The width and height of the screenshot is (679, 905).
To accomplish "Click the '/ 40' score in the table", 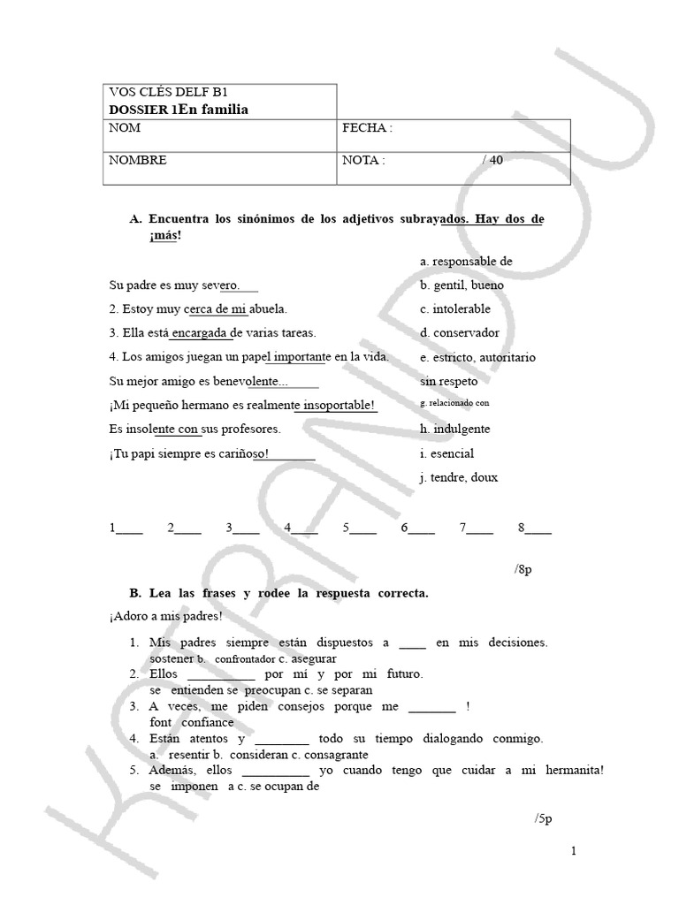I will pos(492,161).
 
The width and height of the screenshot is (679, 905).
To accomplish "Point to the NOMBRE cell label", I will pos(137,161).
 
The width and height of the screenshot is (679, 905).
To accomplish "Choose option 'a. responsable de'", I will pos(466,262).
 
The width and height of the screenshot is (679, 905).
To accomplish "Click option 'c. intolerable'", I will pos(455,309).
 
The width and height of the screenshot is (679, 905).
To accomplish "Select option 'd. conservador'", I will pos(460,333).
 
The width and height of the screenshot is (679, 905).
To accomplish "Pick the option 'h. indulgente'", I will pos(455,430).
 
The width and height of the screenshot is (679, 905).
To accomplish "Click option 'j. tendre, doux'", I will pos(459,477).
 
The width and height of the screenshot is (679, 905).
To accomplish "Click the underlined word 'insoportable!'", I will pos(337,406).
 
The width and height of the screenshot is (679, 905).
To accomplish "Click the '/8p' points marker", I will pos(523,570).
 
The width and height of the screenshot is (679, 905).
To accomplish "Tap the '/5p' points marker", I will pos(543,818).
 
